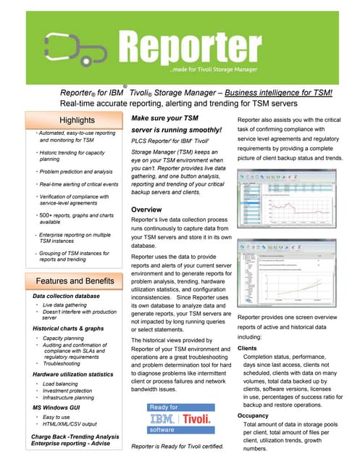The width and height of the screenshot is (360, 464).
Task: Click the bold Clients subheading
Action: (x=248, y=349)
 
